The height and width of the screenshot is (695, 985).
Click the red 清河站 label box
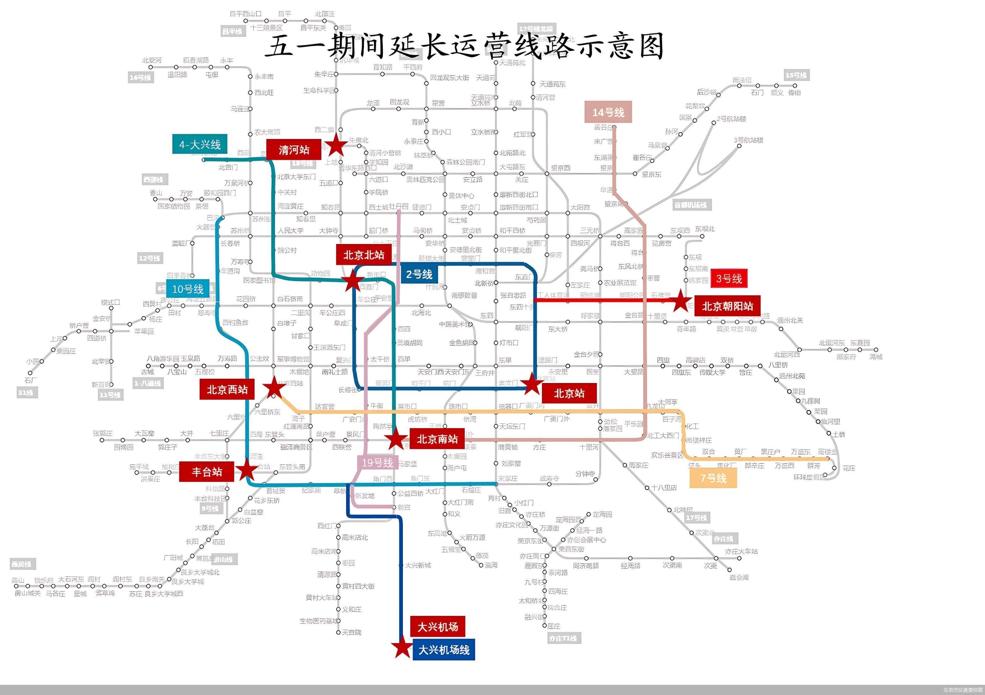294,150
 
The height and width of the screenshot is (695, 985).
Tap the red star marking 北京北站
353,281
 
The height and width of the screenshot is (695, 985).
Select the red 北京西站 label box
227,389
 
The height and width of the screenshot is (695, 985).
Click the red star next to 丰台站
247,470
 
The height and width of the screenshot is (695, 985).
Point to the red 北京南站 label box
437,439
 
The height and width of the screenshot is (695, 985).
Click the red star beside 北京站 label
532,383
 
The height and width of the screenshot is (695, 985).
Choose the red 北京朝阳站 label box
727,306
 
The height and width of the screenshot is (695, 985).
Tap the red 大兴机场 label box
438,627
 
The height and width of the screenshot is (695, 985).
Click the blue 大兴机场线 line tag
443,650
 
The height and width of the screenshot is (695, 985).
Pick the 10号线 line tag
187,289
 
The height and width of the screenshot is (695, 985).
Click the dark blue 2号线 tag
419,274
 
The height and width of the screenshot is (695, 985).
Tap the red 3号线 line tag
729,279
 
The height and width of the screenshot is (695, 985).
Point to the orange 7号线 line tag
713,478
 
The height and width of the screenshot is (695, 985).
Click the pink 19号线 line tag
377,463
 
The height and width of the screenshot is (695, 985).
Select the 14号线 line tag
608,112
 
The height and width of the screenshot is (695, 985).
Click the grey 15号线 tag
796,75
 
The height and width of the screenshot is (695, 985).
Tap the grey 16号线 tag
140,77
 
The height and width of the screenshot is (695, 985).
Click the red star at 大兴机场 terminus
402,648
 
